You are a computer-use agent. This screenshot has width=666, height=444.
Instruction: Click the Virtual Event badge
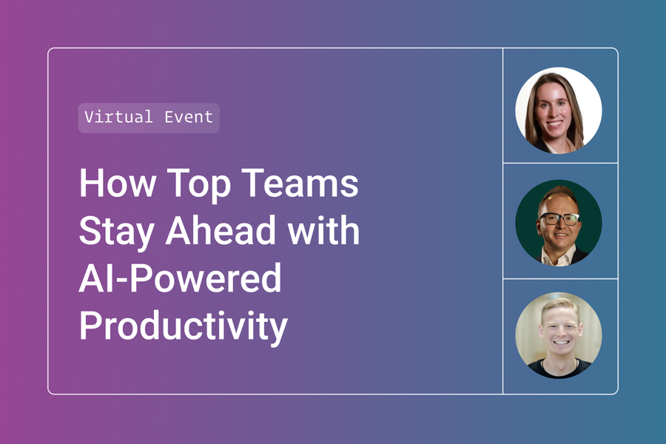click(x=149, y=118)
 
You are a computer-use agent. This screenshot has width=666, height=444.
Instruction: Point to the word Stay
click(x=115, y=232)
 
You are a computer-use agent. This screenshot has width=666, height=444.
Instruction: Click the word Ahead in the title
click(x=223, y=231)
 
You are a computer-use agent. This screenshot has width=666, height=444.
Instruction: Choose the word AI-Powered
click(x=180, y=279)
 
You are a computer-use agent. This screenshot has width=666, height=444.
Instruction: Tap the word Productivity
click(x=183, y=328)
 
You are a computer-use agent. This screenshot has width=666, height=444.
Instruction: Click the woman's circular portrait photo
click(x=559, y=110)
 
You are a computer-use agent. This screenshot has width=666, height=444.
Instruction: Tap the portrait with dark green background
click(x=559, y=222)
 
